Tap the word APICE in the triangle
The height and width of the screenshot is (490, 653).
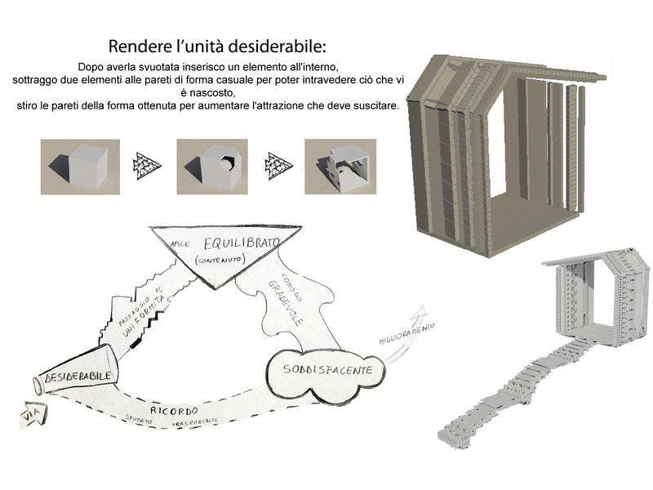tap(180, 243)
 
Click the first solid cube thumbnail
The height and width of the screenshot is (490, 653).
tap(79, 167)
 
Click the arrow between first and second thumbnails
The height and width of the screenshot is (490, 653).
tap(148, 166)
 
